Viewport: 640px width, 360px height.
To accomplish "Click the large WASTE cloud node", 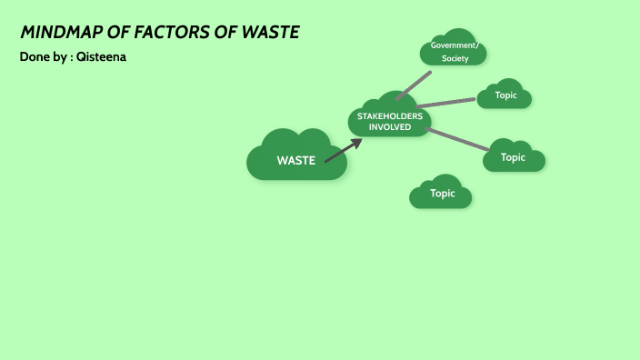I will click(x=296, y=159).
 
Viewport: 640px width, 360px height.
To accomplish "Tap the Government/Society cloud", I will click(x=453, y=51).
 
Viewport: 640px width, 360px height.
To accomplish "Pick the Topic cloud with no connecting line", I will click(x=442, y=193).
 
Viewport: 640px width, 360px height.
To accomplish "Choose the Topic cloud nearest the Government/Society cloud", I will click(x=505, y=95).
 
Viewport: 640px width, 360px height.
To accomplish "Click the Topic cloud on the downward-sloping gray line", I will click(x=514, y=157).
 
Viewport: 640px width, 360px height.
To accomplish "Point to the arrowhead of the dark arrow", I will click(x=357, y=143).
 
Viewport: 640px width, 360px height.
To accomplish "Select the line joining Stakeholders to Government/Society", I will click(x=413, y=85).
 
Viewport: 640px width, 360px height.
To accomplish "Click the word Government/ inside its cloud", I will click(x=453, y=45).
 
